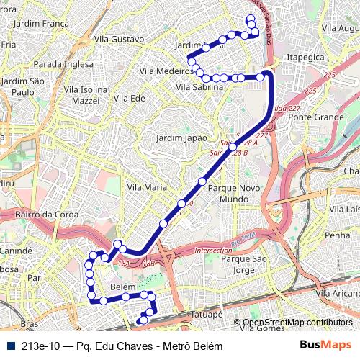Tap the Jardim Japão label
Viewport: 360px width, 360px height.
point(181,138)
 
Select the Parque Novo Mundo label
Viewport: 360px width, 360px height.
point(227,192)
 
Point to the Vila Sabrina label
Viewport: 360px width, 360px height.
point(199,87)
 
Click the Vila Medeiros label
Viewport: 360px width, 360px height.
point(166,71)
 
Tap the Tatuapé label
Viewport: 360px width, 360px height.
point(207,315)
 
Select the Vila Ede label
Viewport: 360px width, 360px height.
point(130,98)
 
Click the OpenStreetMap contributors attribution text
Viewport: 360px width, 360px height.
point(297,323)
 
